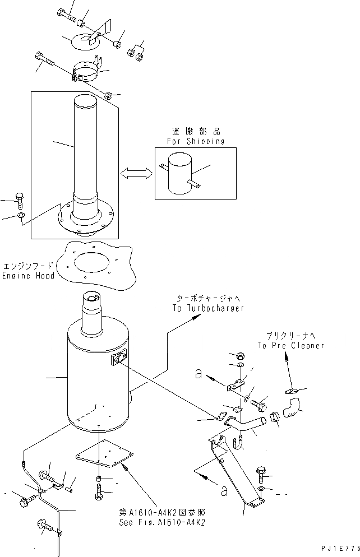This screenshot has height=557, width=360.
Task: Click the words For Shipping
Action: pyautogui.click(x=195, y=142)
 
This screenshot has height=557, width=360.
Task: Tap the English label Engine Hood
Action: pyautogui.click(x=29, y=276)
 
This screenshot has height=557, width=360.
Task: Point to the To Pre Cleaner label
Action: pyautogui.click(x=291, y=346)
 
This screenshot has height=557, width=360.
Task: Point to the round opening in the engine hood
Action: pyautogui.click(x=101, y=263)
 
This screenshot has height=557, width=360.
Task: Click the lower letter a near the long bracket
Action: pyautogui.click(x=224, y=491)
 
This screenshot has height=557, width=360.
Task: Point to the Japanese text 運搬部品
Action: pyautogui.click(x=195, y=133)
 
